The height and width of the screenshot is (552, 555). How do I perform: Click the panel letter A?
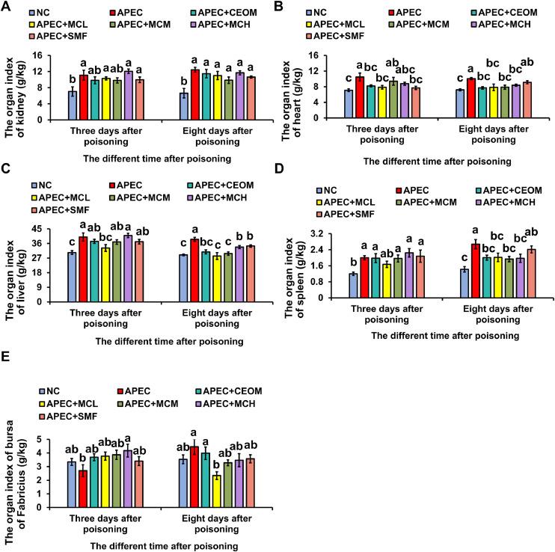tap(7, 7)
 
